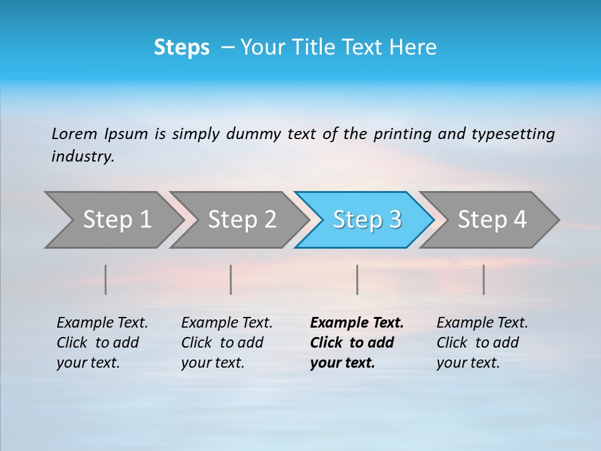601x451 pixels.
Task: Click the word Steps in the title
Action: click(182, 48)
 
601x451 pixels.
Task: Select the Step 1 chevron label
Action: click(117, 220)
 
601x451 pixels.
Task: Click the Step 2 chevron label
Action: click(242, 220)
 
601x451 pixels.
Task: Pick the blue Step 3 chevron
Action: click(367, 220)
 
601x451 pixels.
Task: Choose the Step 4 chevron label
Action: click(492, 220)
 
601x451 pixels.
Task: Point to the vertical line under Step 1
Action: click(106, 279)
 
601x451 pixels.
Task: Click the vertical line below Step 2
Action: click(231, 279)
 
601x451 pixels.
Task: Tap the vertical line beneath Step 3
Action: click(357, 279)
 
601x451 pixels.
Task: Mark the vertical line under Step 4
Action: click(483, 279)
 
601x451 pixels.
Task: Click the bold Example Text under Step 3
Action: click(357, 323)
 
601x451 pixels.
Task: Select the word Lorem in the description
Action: click(74, 134)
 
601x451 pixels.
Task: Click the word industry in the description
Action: click(83, 157)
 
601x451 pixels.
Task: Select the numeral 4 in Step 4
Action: click(520, 220)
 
